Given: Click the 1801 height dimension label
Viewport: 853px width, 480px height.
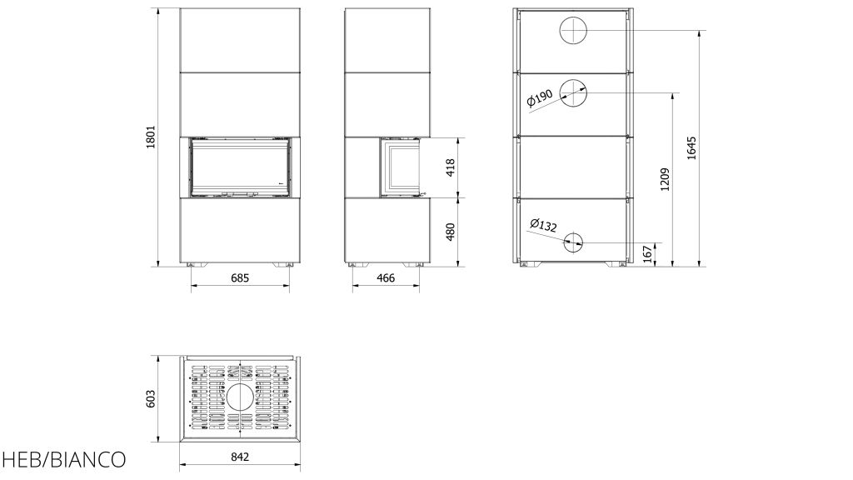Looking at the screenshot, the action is (x=151, y=137).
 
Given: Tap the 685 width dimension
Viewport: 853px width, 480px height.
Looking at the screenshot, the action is (x=240, y=278).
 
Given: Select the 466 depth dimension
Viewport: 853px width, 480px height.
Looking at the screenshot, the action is (x=386, y=278).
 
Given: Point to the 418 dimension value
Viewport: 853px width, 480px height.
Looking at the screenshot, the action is (x=451, y=167).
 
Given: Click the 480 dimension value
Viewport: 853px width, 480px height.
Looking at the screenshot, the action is (x=451, y=232).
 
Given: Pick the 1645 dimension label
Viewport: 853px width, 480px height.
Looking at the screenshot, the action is (x=691, y=147).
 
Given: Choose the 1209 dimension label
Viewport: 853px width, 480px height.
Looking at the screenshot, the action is (x=665, y=180).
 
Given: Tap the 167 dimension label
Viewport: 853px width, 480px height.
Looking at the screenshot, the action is (x=647, y=254).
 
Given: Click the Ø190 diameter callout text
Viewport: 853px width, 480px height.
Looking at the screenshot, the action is (x=540, y=98).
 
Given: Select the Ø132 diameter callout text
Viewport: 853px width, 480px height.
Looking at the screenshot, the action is (x=543, y=225).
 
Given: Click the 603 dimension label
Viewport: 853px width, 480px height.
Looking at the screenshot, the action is (x=151, y=398).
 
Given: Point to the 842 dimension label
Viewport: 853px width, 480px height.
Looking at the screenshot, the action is (x=240, y=457).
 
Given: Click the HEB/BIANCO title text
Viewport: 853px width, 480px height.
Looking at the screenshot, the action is (x=63, y=460).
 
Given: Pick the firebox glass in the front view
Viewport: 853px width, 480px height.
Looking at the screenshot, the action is (x=240, y=167).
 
